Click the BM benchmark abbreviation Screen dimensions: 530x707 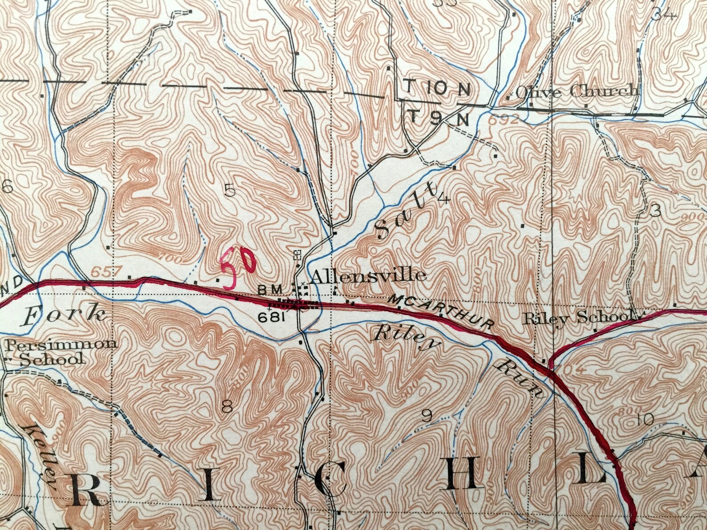[x=268, y=290]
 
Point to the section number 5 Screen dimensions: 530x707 [x=230, y=191]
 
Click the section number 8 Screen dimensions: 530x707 [x=227, y=406]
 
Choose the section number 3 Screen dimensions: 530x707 [x=655, y=212]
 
